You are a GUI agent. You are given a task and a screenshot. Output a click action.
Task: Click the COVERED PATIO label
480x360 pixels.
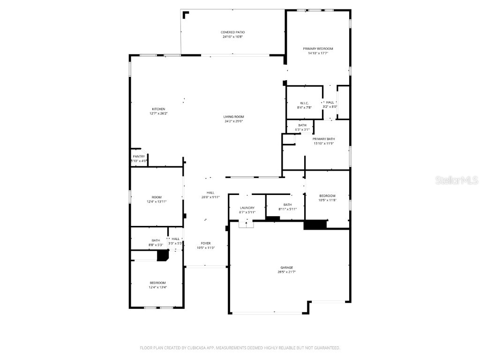232,32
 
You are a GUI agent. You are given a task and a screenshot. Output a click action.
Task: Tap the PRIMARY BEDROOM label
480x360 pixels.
318,49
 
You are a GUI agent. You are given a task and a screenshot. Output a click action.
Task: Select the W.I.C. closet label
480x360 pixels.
304,103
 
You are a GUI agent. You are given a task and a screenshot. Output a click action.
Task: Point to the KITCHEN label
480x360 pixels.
158,109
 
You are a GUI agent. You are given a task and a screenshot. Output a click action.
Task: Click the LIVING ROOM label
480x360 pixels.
233,117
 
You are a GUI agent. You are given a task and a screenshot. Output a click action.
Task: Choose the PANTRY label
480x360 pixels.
139,157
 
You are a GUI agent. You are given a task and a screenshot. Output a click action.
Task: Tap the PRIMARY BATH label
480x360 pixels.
324,139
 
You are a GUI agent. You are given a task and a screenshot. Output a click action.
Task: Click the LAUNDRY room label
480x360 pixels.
247,208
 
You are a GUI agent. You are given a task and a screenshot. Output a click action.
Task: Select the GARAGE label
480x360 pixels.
287,267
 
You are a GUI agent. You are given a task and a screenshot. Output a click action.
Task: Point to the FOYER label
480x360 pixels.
206,243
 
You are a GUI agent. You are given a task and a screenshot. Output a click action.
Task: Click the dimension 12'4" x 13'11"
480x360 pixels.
157,202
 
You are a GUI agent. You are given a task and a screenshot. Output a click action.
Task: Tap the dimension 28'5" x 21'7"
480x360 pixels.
287,272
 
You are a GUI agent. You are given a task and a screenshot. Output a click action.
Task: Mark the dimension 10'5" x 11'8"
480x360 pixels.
327,200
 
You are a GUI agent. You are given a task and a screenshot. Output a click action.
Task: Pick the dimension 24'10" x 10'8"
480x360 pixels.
232,37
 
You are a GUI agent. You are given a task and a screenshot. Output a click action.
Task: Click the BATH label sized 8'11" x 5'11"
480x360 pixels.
287,204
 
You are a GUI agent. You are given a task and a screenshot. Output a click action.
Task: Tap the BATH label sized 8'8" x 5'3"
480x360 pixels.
156,240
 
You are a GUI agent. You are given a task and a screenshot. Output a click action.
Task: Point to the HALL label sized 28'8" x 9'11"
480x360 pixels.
210,193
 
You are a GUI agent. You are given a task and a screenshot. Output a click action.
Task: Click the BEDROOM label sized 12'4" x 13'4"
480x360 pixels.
157,283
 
